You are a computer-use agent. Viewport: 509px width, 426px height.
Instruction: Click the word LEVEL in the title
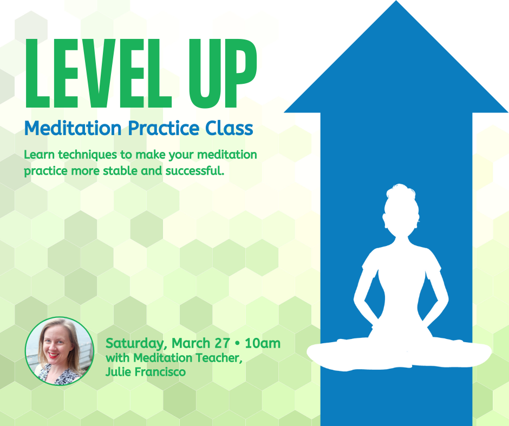pos(98,74)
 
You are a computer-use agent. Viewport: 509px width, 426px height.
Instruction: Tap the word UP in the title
pos(223,74)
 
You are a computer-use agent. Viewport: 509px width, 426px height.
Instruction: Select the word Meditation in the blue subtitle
pos(73,128)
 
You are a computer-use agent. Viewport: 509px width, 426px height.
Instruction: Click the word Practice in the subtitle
pos(164,128)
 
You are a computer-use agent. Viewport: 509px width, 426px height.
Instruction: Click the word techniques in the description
pos(88,155)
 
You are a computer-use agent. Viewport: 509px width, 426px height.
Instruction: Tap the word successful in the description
pos(194,170)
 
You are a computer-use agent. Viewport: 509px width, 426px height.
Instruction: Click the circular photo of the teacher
pos(60,351)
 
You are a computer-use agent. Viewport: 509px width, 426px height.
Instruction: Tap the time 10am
pos(263,343)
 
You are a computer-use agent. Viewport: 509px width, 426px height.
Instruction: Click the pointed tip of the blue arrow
pos(396,1)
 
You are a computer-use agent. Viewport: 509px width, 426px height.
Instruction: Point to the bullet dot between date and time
pos(237,343)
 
